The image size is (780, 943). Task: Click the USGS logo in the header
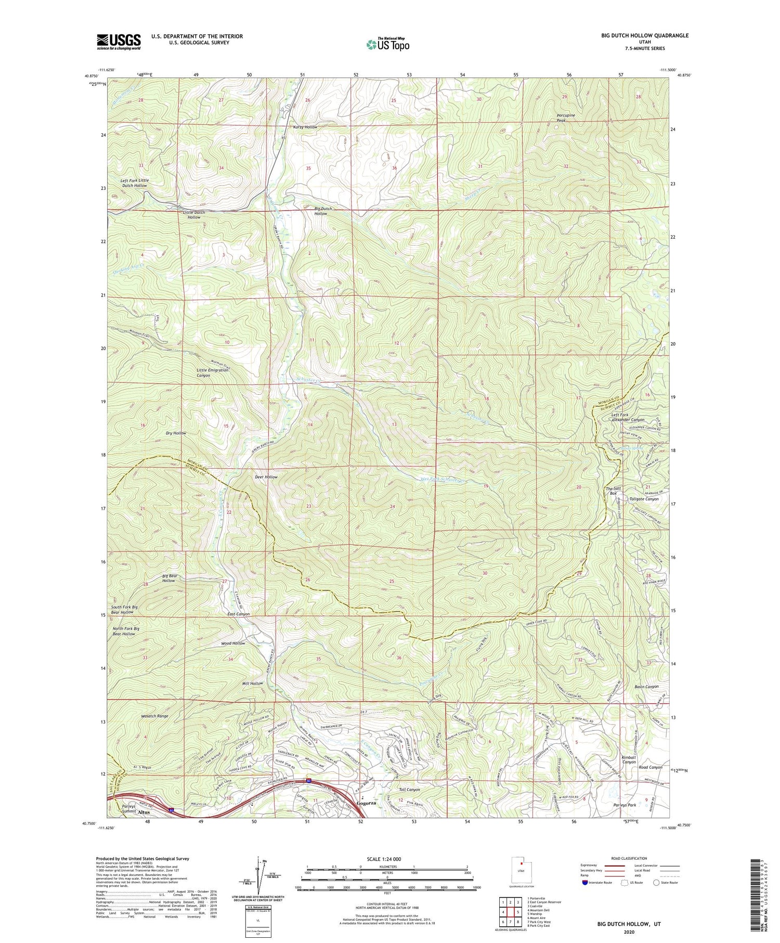(119, 41)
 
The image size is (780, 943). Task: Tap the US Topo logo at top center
(387, 44)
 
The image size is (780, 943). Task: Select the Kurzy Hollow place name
(305, 127)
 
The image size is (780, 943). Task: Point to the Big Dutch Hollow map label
(323, 211)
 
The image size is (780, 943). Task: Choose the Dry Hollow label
(176, 433)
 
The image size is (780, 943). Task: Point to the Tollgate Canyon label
(644, 499)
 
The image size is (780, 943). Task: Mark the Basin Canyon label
(646, 687)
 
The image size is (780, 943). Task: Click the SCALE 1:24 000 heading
(387, 859)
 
